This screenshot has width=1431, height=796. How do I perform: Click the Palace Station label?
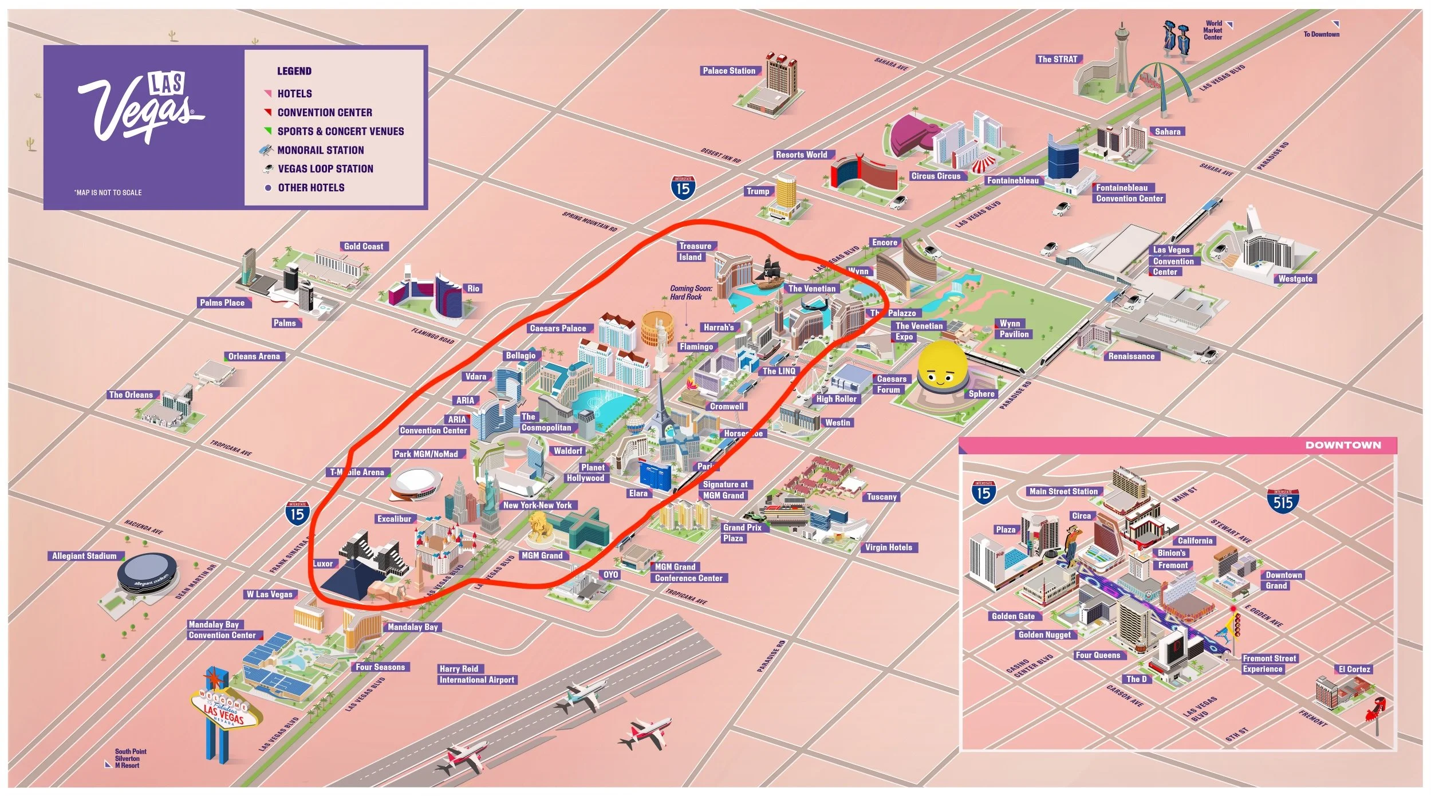pyautogui.click(x=729, y=71)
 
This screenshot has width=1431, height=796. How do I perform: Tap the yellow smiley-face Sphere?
pyautogui.click(x=942, y=366)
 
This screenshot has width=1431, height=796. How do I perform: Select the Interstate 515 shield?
pyautogui.click(x=1283, y=501)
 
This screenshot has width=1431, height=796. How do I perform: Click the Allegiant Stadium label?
pyautogui.click(x=84, y=556)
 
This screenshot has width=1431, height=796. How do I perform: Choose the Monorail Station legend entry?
pyautogui.click(x=320, y=150)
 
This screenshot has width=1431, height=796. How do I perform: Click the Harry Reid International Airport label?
pyautogui.click(x=476, y=675)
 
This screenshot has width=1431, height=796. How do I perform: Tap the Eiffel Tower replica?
pyautogui.click(x=661, y=412)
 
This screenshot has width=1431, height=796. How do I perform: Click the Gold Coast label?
pyautogui.click(x=364, y=247)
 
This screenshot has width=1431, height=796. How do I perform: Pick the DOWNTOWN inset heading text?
pyautogui.click(x=1343, y=445)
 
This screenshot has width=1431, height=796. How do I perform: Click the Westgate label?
pyautogui.click(x=1295, y=279)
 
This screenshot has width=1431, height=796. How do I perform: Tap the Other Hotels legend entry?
pyautogui.click(x=311, y=188)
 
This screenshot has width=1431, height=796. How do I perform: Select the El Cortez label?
pyautogui.click(x=1354, y=669)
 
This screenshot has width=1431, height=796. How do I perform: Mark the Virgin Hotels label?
pyautogui.click(x=888, y=547)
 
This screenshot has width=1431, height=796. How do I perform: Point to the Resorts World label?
pyautogui.click(x=801, y=155)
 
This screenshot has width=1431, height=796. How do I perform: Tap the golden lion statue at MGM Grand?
pyautogui.click(x=539, y=526)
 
